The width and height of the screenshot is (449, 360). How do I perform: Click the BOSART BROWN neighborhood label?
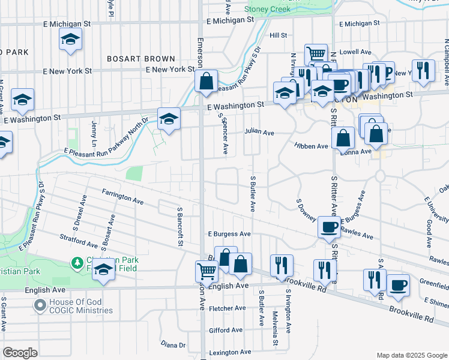click(x=141, y=59)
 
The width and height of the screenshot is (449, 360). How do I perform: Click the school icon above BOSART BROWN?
click(x=70, y=41)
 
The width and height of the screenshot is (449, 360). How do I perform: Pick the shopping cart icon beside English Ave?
click(x=206, y=271)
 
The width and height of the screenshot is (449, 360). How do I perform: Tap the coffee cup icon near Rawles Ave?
click(x=329, y=227)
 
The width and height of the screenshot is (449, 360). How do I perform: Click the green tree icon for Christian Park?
click(x=77, y=263)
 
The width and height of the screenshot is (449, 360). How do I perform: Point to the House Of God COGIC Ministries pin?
click(x=40, y=306)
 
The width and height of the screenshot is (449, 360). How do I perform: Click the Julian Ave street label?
click(x=259, y=132)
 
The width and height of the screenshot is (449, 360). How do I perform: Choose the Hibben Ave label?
click(x=311, y=146)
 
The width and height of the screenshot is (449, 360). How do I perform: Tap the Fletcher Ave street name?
click(x=228, y=308)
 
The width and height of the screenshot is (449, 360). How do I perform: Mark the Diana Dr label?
click(x=173, y=344)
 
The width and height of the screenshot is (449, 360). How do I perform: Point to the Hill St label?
click(x=279, y=35)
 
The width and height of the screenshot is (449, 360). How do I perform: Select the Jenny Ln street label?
click(x=94, y=130)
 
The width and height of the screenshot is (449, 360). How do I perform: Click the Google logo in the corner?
click(x=20, y=352)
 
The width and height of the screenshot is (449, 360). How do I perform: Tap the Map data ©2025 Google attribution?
click(x=411, y=355)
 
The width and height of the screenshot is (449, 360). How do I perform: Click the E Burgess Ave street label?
click(x=229, y=233)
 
